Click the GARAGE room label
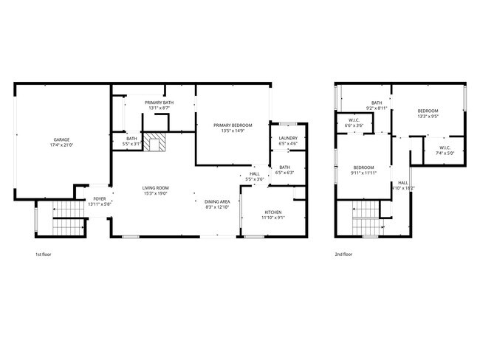pos(61,139)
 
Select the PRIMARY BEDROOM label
pos(233,125)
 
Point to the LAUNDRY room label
pos(288,138)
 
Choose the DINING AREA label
pos(217,201)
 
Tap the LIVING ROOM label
pos(156,187)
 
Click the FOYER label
pos(99,199)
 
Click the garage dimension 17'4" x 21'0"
pos(61,145)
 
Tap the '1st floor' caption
pos(44,255)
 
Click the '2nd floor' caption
pos(344,255)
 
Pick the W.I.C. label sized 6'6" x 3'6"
pos(354,120)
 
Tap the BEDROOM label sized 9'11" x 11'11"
pos(363,167)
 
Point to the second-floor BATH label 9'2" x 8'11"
pos(377,103)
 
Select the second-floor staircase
pos(365,219)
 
